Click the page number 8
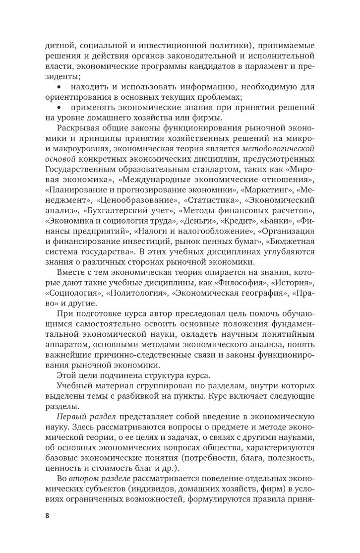[47, 517]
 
